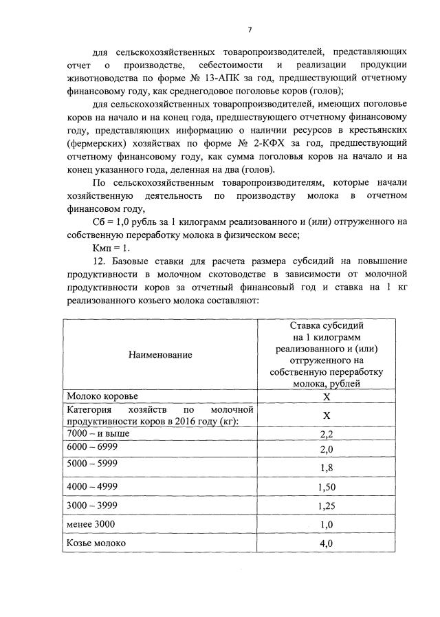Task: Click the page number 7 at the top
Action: [x=250, y=29]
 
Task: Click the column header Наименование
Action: [x=159, y=354]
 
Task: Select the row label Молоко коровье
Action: [x=102, y=397]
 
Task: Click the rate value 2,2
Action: [x=327, y=435]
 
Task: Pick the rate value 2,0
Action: [x=327, y=449]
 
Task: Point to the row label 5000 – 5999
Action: [x=94, y=463]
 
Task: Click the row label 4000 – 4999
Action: [x=94, y=486]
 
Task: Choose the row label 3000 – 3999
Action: [x=94, y=505]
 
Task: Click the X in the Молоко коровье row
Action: [x=327, y=398]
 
